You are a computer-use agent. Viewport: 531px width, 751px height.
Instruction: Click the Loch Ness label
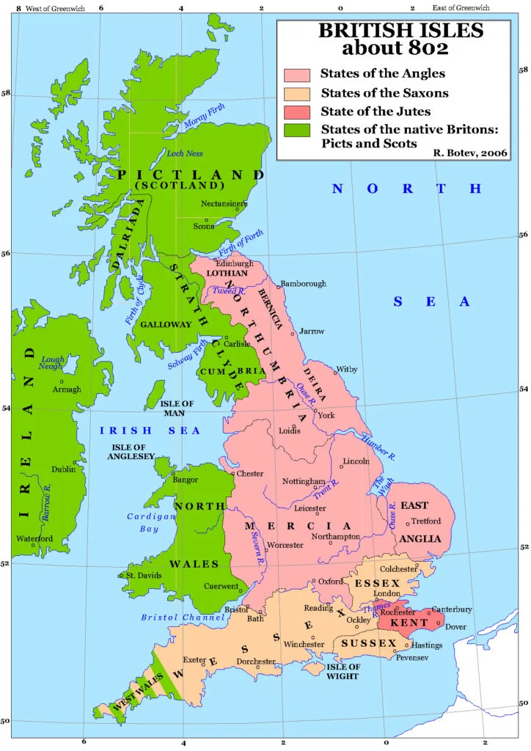click(x=182, y=154)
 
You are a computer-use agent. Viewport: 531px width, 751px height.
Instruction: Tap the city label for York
click(x=326, y=415)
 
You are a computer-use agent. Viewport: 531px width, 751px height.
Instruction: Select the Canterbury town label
click(x=451, y=609)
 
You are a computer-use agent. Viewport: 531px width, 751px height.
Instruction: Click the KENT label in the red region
click(x=405, y=623)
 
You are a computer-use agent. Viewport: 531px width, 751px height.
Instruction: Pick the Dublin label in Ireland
click(x=63, y=469)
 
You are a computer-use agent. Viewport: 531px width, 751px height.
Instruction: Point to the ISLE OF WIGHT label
click(x=343, y=671)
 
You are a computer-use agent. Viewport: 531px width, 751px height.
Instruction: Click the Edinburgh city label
click(x=235, y=263)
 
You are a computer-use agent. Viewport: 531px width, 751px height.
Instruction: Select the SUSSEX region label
click(x=362, y=643)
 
